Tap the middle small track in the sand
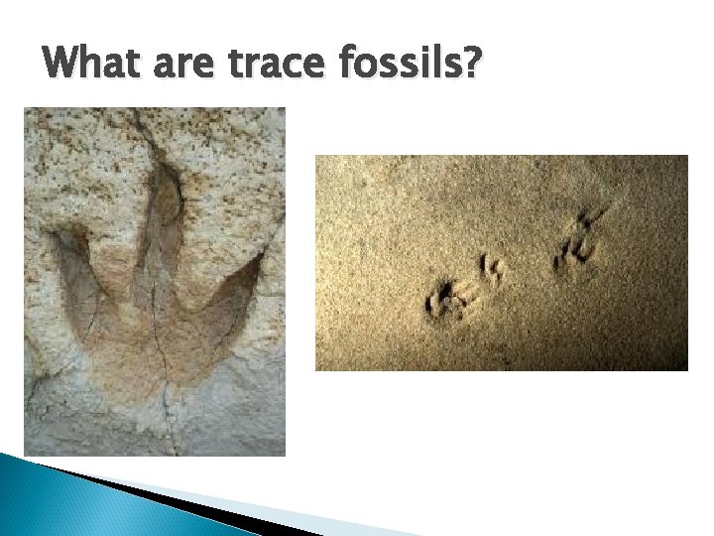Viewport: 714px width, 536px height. [x=491, y=269]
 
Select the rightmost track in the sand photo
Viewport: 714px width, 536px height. [x=576, y=238]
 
